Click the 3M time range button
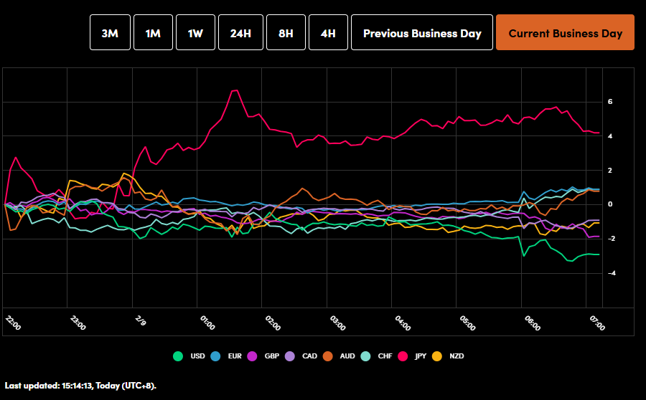click(x=110, y=33)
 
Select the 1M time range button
click(x=153, y=33)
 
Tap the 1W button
click(x=195, y=33)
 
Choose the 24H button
click(x=240, y=33)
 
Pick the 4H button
click(x=328, y=33)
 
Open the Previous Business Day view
click(x=421, y=33)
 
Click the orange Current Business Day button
click(x=565, y=33)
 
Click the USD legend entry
click(x=191, y=356)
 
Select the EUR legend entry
click(x=228, y=356)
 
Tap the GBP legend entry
click(x=264, y=356)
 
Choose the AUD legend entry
click(x=339, y=356)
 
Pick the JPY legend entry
click(x=413, y=356)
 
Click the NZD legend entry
click(x=450, y=356)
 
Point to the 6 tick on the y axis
click(x=609, y=102)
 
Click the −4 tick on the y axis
click(x=609, y=273)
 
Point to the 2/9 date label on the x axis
click(x=141, y=320)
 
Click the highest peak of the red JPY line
click(x=235, y=90)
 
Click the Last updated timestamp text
click(x=80, y=386)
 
